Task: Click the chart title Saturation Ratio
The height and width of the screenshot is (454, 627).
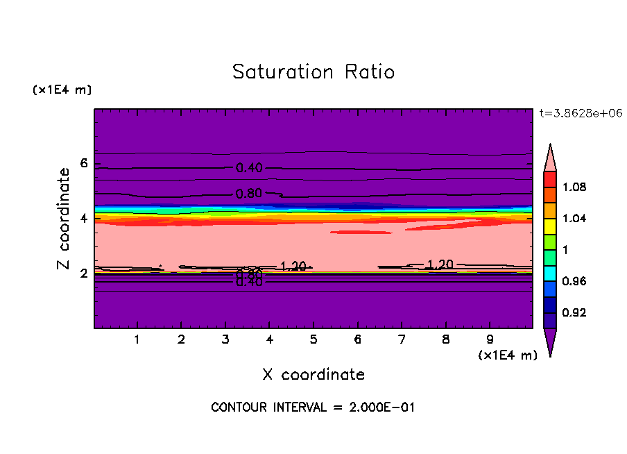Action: pos(313,72)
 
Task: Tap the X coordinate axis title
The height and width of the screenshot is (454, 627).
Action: pos(313,375)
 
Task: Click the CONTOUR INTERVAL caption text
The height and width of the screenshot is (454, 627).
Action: pos(313,407)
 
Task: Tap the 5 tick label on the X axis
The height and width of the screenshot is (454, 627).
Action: pos(313,340)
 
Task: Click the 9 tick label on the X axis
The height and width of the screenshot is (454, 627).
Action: pos(490,340)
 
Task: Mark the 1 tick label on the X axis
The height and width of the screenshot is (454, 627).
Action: pos(137,340)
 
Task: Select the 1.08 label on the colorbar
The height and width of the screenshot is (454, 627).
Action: pos(574,187)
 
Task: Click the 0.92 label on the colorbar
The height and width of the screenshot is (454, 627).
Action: pos(574,313)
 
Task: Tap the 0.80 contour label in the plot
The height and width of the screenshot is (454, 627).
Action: pos(249,193)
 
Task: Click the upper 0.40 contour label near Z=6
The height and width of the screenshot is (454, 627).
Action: pos(249,168)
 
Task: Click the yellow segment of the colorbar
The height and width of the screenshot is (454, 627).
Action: pos(550,226)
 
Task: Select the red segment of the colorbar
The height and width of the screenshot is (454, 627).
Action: pos(550,178)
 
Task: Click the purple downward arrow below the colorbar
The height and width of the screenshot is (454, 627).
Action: pos(550,341)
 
